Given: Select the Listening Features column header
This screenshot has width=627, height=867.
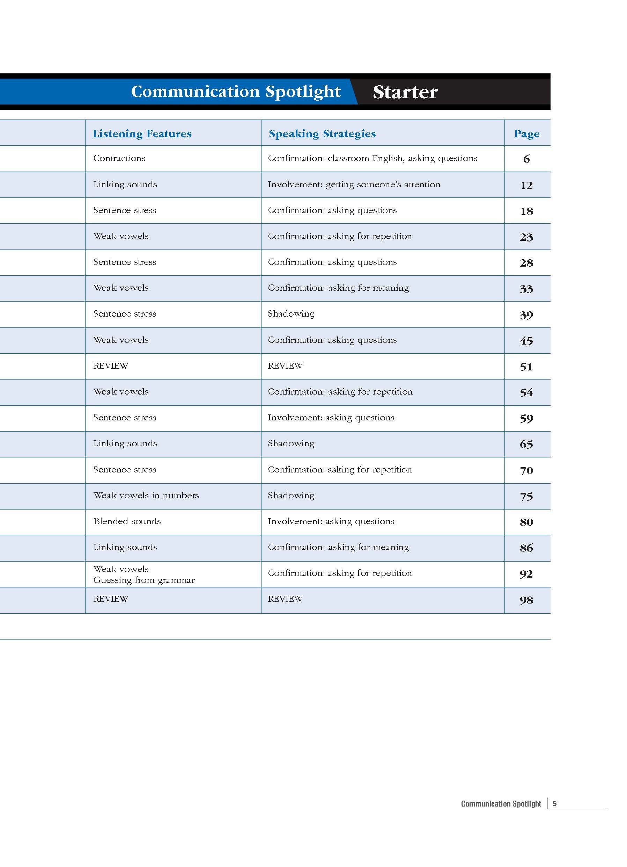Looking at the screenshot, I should pos(142,134).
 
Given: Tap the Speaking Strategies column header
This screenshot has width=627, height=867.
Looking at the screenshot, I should pos(322,134).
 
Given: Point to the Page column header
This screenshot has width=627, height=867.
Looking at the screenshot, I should pos(526,134).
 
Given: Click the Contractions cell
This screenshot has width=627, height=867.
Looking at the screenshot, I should pos(119,158).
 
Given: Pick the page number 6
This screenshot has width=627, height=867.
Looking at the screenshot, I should pos(526,159).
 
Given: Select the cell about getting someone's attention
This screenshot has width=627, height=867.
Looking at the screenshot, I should pos(354,185).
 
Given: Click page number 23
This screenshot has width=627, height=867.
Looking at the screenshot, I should pos(526,237).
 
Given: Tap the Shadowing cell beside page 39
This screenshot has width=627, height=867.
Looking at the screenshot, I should pos(291,314).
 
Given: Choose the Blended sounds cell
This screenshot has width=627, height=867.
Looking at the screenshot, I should pos(127,521).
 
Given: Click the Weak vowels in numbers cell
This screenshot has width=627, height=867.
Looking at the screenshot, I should pos(146,496).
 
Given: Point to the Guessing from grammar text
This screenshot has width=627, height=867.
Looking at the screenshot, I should pos(144,580).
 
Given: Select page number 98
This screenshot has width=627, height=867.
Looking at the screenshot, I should pos(526,600).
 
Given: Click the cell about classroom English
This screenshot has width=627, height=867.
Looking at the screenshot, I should pos(372,158).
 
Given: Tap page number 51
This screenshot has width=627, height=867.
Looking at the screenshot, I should pos(526,367).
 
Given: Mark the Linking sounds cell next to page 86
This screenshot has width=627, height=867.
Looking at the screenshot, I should pos(125,547).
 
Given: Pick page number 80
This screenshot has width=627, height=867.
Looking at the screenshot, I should pos(526,522).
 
